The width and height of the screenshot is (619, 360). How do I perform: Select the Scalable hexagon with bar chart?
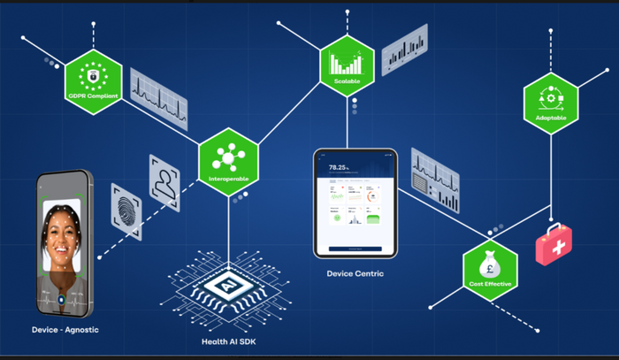point(347,65)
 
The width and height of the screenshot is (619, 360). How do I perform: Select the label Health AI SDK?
point(228,341)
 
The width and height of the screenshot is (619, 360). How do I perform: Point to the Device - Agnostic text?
point(64,330)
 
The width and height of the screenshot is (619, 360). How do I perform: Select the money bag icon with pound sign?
point(490,263)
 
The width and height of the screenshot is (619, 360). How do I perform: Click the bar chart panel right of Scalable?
point(404,50)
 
